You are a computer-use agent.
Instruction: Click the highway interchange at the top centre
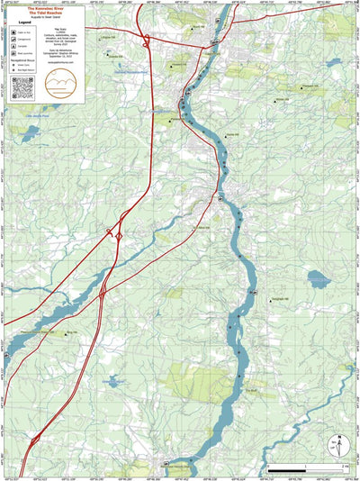click(x=145, y=40)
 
